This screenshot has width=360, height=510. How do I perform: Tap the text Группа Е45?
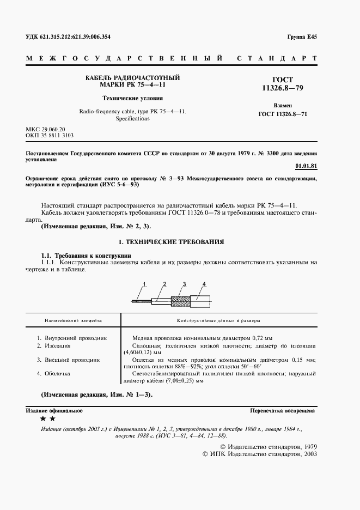coord(302,37)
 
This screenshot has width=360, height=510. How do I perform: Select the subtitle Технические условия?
coord(132,99)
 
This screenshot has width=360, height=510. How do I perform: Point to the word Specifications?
coord(132,118)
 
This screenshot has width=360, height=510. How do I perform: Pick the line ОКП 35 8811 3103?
coord(50,135)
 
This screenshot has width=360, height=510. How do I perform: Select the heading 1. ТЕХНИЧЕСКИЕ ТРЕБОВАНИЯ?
coord(171,241)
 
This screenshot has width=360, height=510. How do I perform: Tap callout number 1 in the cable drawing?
coord(145,284)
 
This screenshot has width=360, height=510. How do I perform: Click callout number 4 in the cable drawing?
coord(203,284)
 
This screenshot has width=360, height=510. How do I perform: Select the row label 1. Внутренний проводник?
coord(71,338)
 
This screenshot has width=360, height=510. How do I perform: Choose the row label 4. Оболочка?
coord(57,374)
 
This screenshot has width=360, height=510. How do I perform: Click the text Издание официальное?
coord(54,410)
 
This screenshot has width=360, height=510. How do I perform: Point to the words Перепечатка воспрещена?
coord(282,410)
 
